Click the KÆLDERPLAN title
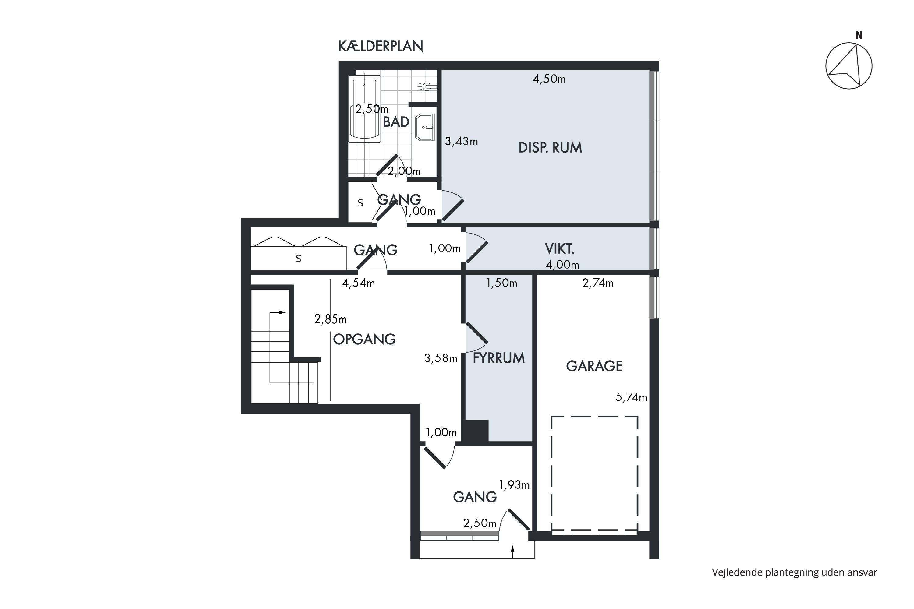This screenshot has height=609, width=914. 381,46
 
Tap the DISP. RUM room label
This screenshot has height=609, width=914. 550,148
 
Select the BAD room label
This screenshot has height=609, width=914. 396,122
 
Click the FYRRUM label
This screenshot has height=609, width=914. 498,358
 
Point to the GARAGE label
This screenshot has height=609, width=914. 594,366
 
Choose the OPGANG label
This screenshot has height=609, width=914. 364,339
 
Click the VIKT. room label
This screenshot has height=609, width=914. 560,248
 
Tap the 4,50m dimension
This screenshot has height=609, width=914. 549,79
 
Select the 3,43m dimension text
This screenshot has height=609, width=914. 461,141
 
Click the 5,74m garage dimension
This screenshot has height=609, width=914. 631,397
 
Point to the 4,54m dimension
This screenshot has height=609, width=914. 358,283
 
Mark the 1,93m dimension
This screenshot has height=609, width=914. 514,485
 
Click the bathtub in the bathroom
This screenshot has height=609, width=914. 364,109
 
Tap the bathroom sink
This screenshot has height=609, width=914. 425,127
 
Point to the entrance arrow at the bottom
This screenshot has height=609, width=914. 512,552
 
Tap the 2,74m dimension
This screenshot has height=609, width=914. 598,283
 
